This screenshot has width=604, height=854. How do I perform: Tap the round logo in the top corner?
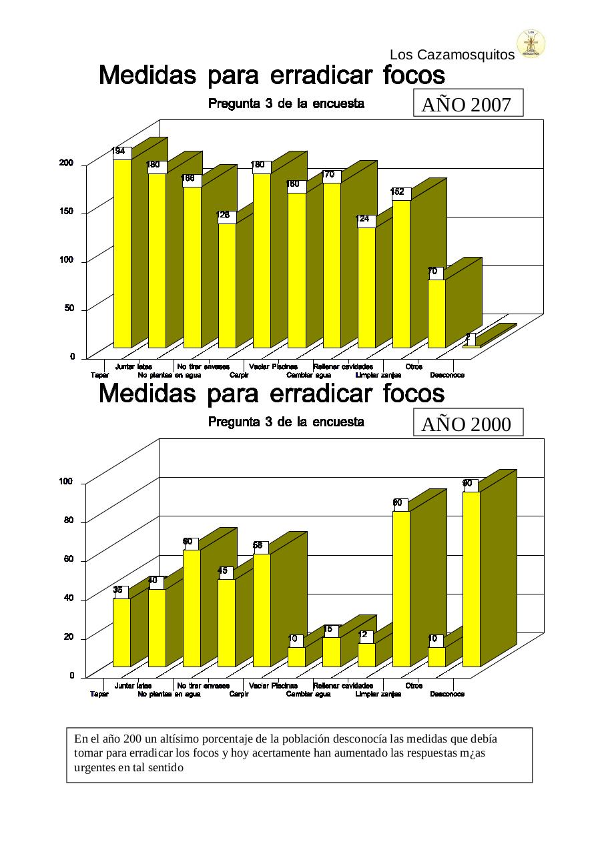point(532,43)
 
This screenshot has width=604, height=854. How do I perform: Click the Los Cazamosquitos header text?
point(452,55)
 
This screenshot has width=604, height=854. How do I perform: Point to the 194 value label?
point(119,151)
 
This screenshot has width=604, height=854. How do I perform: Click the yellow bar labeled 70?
point(436,314)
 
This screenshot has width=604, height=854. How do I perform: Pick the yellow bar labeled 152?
point(401,274)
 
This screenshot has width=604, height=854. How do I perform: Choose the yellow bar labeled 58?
point(262,610)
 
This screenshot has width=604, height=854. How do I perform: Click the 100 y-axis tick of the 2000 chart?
point(66,482)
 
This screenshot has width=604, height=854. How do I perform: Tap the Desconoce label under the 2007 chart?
point(446,376)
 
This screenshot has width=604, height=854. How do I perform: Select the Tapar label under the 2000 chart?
point(99,695)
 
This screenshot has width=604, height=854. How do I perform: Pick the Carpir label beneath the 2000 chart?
point(239,695)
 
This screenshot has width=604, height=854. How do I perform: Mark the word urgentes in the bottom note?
point(94,767)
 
